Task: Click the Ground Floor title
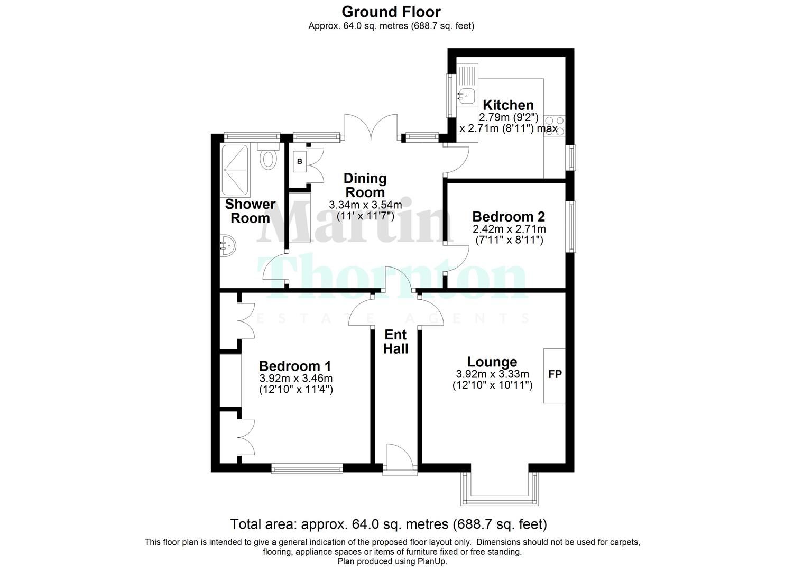[x=391, y=11]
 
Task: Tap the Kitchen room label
[x=508, y=105]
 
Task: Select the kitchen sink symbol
[x=466, y=96]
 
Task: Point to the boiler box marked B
[x=300, y=161]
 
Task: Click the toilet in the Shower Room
[x=270, y=158]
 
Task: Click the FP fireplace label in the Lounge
[x=555, y=374]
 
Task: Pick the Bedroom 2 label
[x=509, y=216]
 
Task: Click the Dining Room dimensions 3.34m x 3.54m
[x=365, y=205]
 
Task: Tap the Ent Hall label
[x=395, y=342]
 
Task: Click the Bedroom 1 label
[x=295, y=366]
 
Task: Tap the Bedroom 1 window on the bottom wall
[x=307, y=467]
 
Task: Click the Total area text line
[x=389, y=524]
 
